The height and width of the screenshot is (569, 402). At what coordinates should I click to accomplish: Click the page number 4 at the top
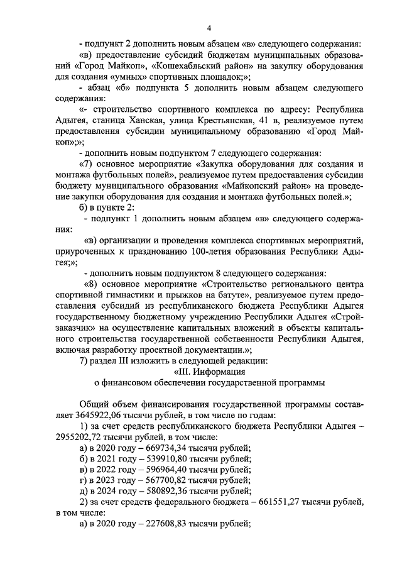[x=209, y=28]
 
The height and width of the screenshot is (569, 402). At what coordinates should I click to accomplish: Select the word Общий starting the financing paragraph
[x=94, y=404]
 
